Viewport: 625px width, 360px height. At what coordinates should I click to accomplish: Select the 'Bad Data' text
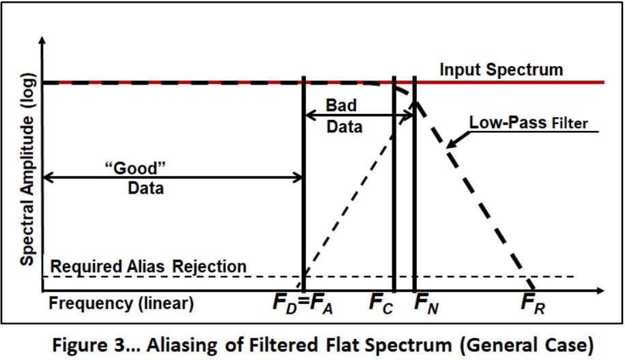(341, 117)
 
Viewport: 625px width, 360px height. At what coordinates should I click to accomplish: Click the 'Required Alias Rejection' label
(148, 267)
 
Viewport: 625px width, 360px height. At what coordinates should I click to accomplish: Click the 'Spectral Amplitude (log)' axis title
(27, 181)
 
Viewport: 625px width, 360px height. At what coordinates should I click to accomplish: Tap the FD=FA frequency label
(302, 303)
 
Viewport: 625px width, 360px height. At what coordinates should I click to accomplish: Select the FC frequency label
(381, 303)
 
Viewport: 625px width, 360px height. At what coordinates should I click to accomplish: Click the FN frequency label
(426, 303)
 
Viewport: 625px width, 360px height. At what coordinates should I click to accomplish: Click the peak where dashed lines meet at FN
(416, 102)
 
